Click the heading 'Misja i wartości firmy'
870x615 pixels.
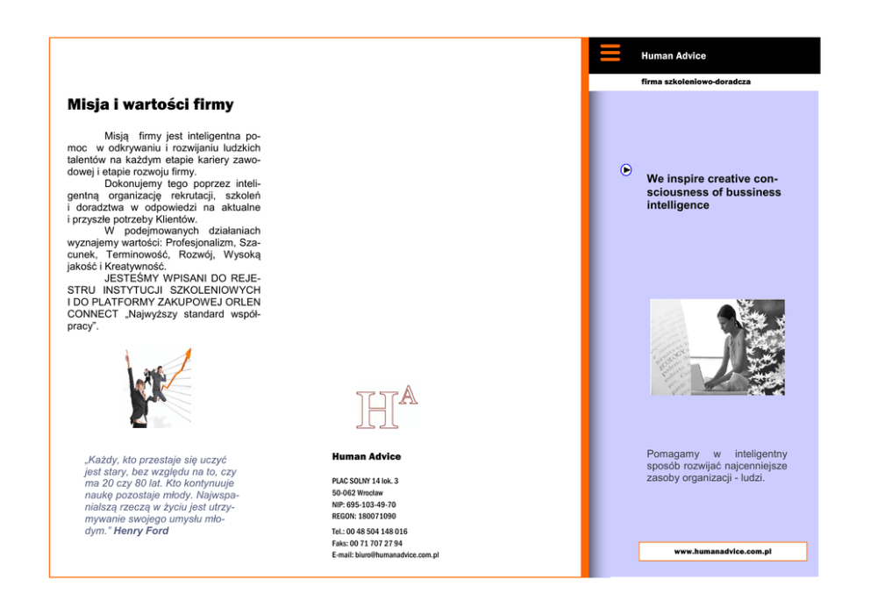click(150, 105)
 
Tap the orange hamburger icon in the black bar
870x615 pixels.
click(610, 53)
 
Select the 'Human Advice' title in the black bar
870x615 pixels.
click(673, 56)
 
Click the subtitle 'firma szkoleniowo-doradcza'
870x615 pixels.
click(695, 82)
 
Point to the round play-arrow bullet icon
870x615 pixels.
click(626, 170)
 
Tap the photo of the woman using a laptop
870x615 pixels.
click(717, 347)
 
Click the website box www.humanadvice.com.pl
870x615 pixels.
click(722, 552)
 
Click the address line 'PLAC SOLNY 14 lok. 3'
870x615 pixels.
click(365, 481)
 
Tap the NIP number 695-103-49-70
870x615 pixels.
click(364, 504)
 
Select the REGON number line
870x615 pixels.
click(364, 516)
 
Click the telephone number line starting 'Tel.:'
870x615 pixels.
click(369, 532)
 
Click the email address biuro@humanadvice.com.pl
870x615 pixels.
click(385, 555)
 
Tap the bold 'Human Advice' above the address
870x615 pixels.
click(366, 456)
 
